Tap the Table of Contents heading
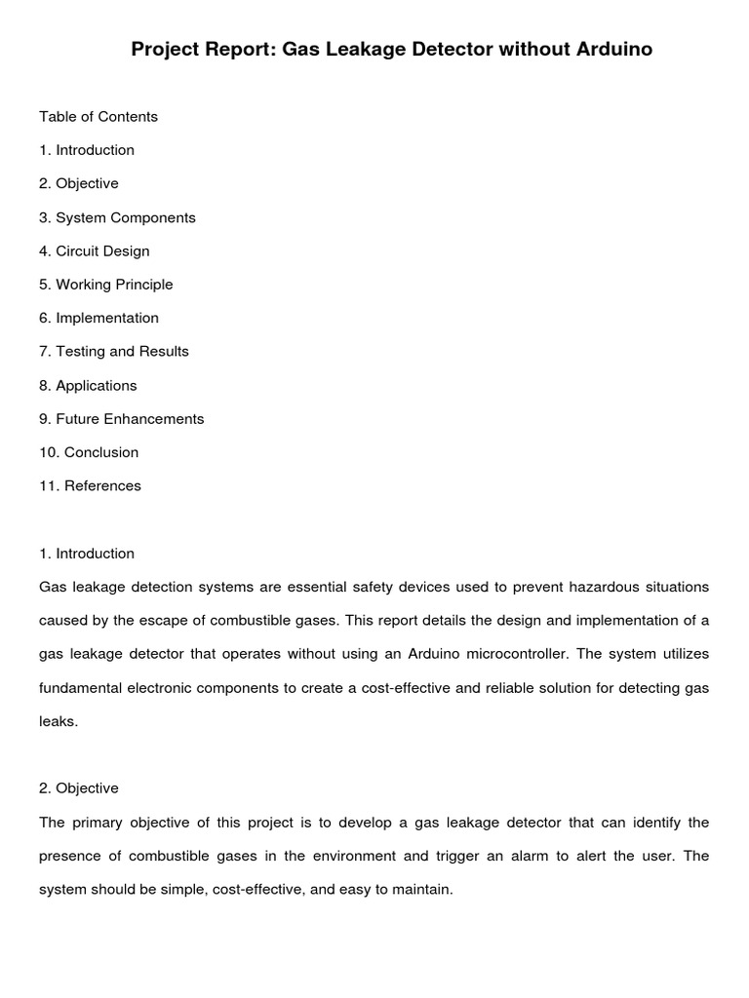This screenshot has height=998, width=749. point(98,117)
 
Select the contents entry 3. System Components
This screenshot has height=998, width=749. point(117,217)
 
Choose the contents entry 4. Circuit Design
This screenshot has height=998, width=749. point(95,251)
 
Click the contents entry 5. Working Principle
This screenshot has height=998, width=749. point(105,285)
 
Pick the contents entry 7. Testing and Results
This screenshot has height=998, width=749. point(114,352)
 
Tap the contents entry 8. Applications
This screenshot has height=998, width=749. point(88,385)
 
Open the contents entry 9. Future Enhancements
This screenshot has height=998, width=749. point(122,419)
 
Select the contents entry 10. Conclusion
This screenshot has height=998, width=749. point(89,452)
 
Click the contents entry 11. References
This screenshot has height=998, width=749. point(90,486)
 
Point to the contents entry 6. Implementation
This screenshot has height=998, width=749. point(99,318)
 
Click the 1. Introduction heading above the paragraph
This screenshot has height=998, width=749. point(87,554)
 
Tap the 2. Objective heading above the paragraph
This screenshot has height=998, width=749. point(79,788)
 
